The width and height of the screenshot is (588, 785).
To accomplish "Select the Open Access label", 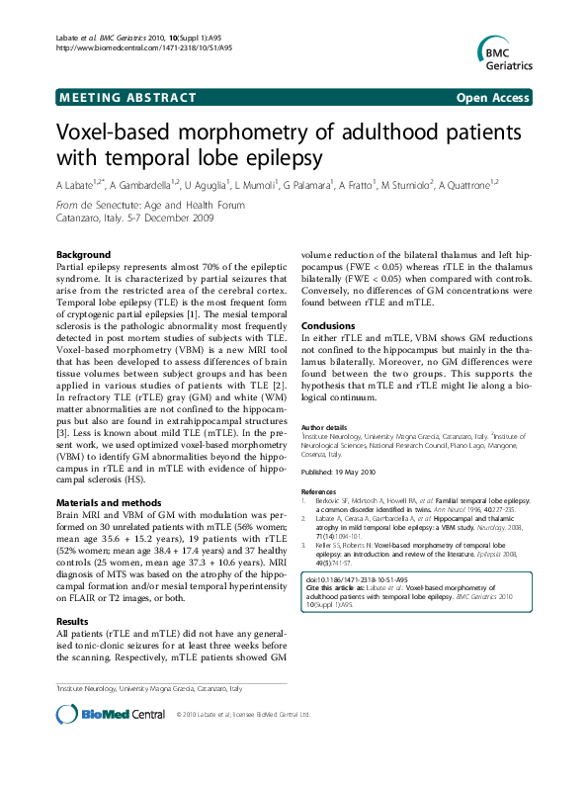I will [494, 97].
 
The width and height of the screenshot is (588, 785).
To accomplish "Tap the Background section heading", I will [83, 255].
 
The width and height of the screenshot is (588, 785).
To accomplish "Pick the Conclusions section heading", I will [327, 325].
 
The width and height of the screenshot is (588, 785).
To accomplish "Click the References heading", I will [319, 491].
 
